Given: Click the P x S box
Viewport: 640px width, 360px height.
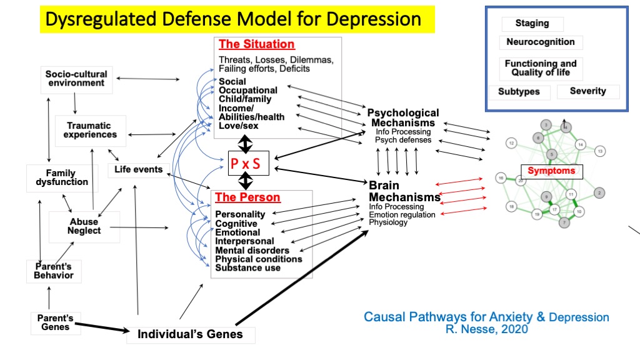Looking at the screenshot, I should click(246, 164).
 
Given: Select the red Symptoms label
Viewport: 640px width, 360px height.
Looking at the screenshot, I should click(551, 171).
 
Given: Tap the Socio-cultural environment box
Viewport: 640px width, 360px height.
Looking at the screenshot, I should click(76, 79).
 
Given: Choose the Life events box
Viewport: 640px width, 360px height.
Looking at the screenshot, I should click(138, 169).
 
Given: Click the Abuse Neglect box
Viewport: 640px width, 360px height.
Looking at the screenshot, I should click(84, 226).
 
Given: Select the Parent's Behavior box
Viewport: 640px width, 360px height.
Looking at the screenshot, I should click(54, 271).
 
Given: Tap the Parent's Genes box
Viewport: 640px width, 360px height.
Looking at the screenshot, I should click(55, 322).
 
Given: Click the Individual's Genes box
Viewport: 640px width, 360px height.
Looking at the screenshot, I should click(190, 334).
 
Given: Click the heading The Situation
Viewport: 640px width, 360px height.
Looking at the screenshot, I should click(256, 44).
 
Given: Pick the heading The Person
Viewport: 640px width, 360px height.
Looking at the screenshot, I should click(247, 197).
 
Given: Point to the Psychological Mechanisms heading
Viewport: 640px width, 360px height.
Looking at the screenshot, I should click(402, 117).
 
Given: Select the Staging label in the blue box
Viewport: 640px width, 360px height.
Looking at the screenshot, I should click(532, 24).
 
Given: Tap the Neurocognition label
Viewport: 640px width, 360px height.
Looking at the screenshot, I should click(540, 42).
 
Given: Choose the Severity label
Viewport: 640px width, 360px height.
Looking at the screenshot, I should click(587, 91).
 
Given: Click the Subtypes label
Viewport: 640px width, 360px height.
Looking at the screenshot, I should click(518, 92).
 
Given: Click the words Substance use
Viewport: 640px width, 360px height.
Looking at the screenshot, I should click(247, 267).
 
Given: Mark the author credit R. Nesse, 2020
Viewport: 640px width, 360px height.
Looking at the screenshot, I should click(486, 329).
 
